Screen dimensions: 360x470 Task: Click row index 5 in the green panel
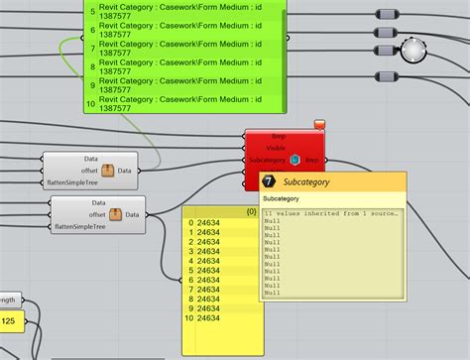point(91,13)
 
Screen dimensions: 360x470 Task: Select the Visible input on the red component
point(277,147)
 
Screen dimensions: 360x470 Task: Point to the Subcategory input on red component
point(268,160)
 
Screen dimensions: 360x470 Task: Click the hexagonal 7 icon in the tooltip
point(269,182)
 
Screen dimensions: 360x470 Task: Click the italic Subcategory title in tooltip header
point(306,182)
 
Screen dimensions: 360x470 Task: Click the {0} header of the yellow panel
point(252,211)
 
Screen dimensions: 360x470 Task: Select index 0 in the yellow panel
point(189,224)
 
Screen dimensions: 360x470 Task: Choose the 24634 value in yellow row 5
point(209,271)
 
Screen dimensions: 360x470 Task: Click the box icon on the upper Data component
point(106,170)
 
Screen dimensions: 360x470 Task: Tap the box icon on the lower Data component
point(115,213)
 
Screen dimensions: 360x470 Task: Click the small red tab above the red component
point(320,124)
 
